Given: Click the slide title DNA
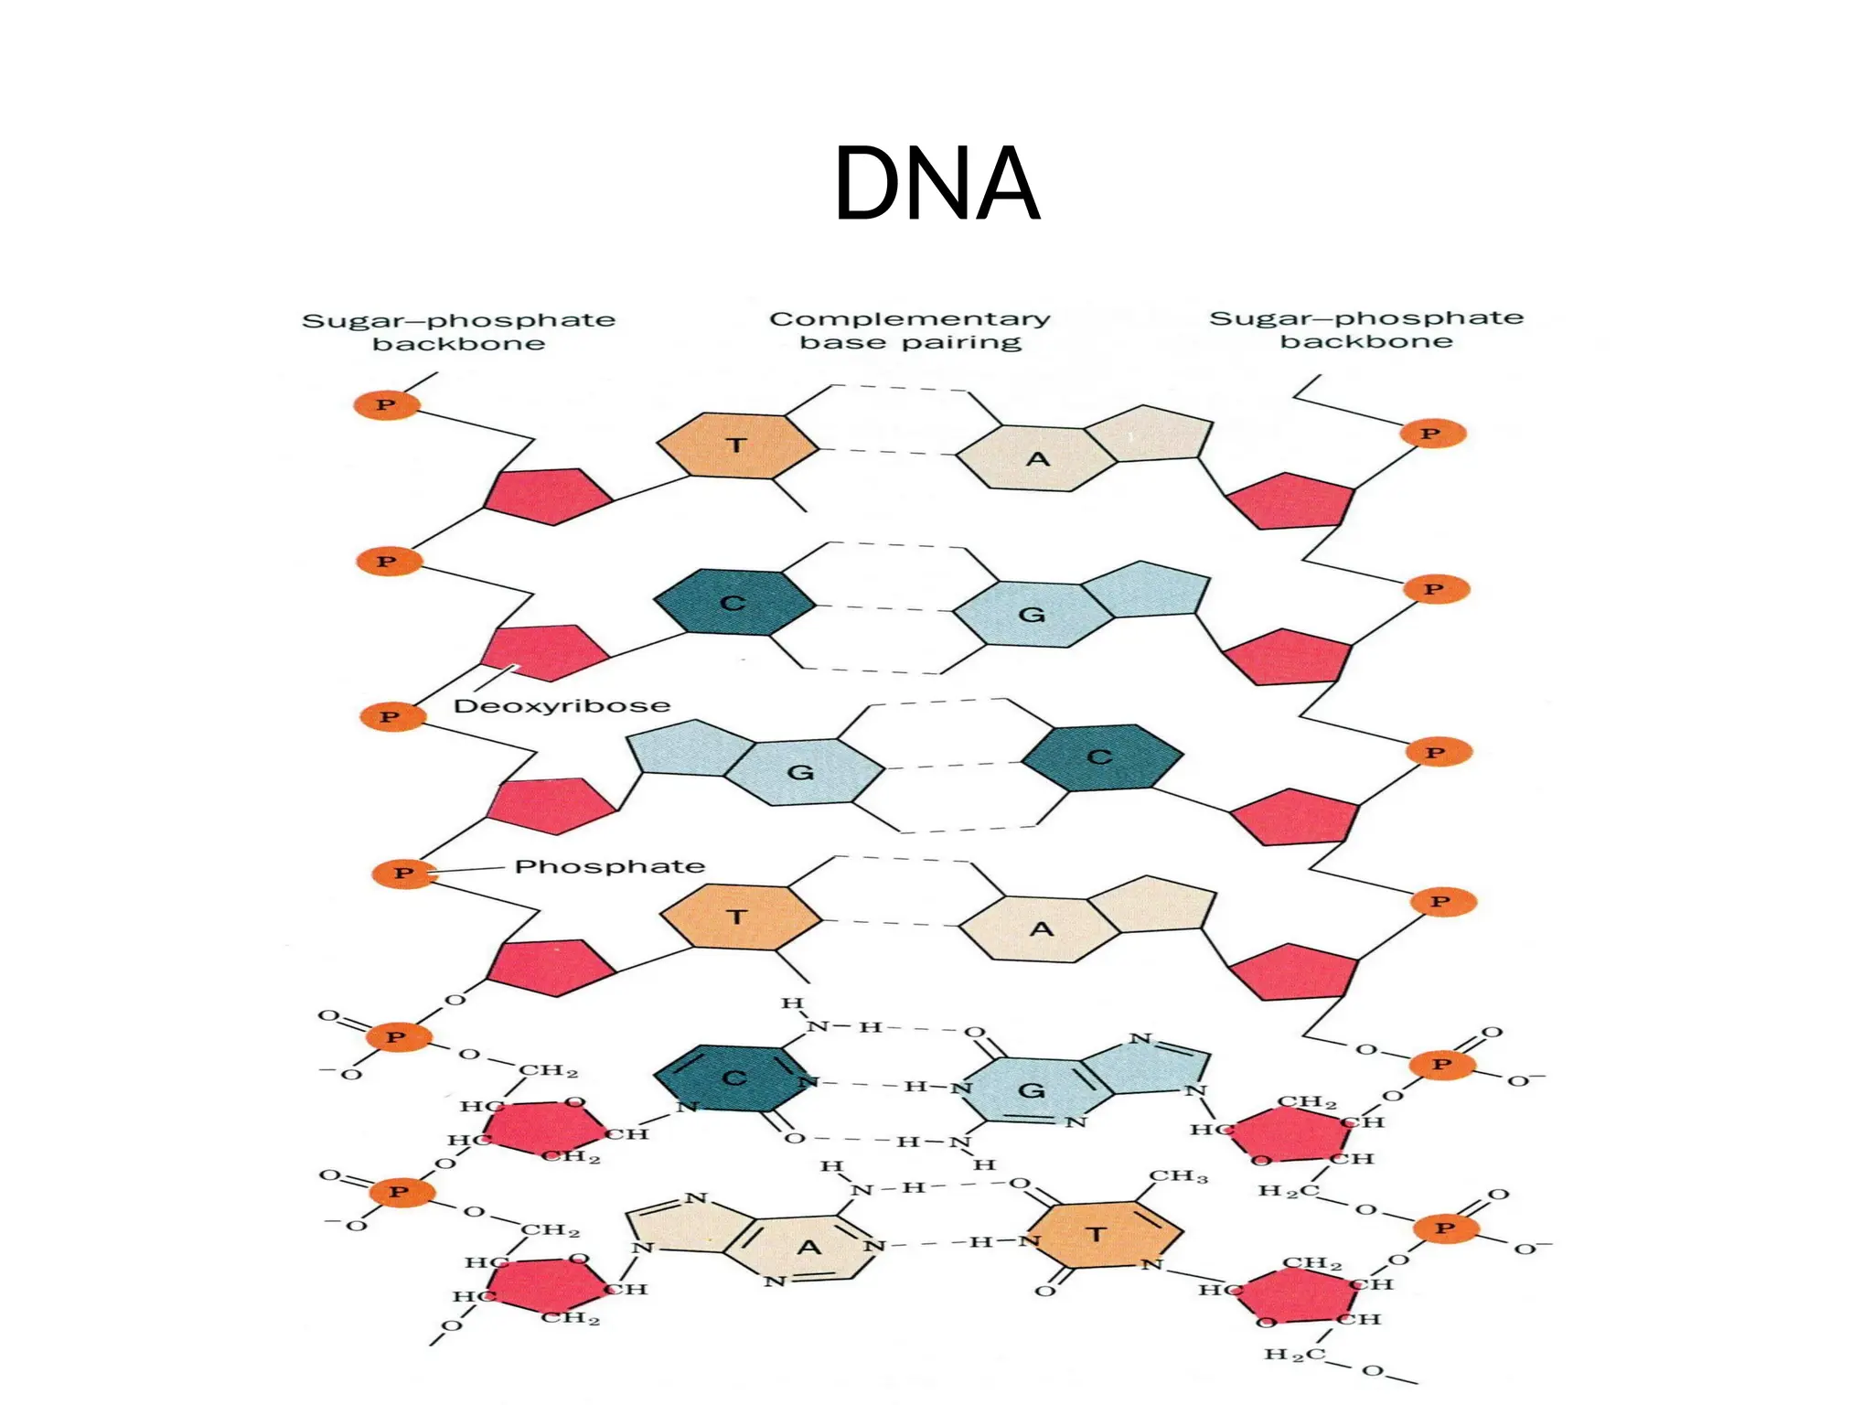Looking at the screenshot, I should click(x=936, y=185).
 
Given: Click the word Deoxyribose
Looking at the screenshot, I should click(x=562, y=706).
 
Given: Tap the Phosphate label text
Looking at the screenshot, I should click(x=609, y=866).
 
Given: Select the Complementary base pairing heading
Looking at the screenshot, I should click(x=910, y=330).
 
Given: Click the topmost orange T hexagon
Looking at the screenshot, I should click(x=737, y=445).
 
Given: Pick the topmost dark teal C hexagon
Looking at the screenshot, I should click(x=733, y=603).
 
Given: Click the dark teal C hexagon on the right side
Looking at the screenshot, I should click(x=1101, y=757).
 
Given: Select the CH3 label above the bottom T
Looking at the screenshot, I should click(x=1178, y=1176).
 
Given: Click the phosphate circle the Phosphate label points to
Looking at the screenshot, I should click(x=403, y=874).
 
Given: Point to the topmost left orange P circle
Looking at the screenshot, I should click(x=386, y=404).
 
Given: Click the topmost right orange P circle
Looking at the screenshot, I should click(x=1431, y=434).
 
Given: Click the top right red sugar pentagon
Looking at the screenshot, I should click(x=1290, y=500).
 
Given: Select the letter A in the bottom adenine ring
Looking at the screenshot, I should click(x=809, y=1248).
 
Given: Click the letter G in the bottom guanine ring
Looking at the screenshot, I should click(x=1031, y=1090).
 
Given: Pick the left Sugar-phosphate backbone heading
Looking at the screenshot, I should click(x=459, y=332).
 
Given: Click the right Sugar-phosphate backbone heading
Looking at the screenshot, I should click(x=1366, y=329).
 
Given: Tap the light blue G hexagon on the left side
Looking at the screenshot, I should click(x=803, y=772).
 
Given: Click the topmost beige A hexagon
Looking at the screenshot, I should click(x=1036, y=458).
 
